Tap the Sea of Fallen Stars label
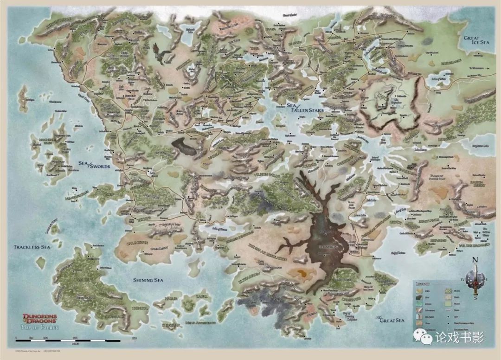click(x=306, y=108)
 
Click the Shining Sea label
click(x=148, y=280)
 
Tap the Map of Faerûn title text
click(x=40, y=328)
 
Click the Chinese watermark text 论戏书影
click(x=459, y=337)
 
